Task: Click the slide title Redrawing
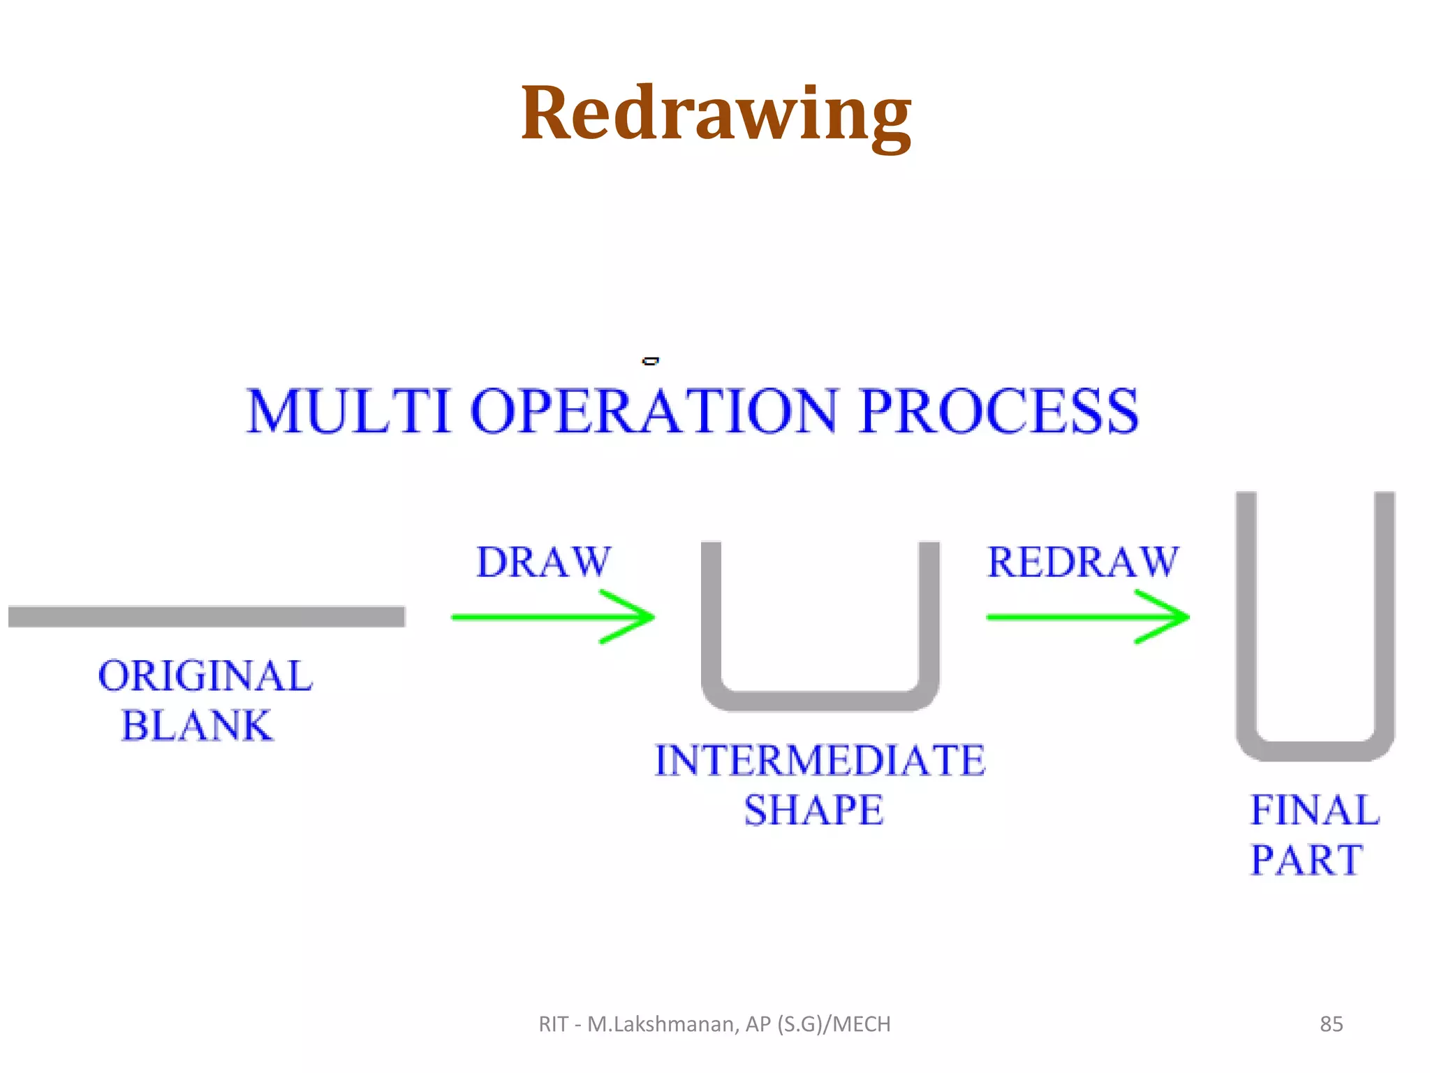716,114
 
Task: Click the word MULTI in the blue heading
348,411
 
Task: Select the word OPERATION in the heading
654,411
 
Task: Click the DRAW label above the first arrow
543,562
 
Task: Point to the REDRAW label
1083,562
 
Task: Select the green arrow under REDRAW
1088,617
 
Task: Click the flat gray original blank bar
207,617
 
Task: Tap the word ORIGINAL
205,676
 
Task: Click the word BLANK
197,726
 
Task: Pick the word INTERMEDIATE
820,761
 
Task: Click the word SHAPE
813,810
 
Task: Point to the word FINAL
1315,810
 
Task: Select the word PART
1306,860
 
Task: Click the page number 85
1331,1024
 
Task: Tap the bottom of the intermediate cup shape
820,701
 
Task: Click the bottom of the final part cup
1315,751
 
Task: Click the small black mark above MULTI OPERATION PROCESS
650,361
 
